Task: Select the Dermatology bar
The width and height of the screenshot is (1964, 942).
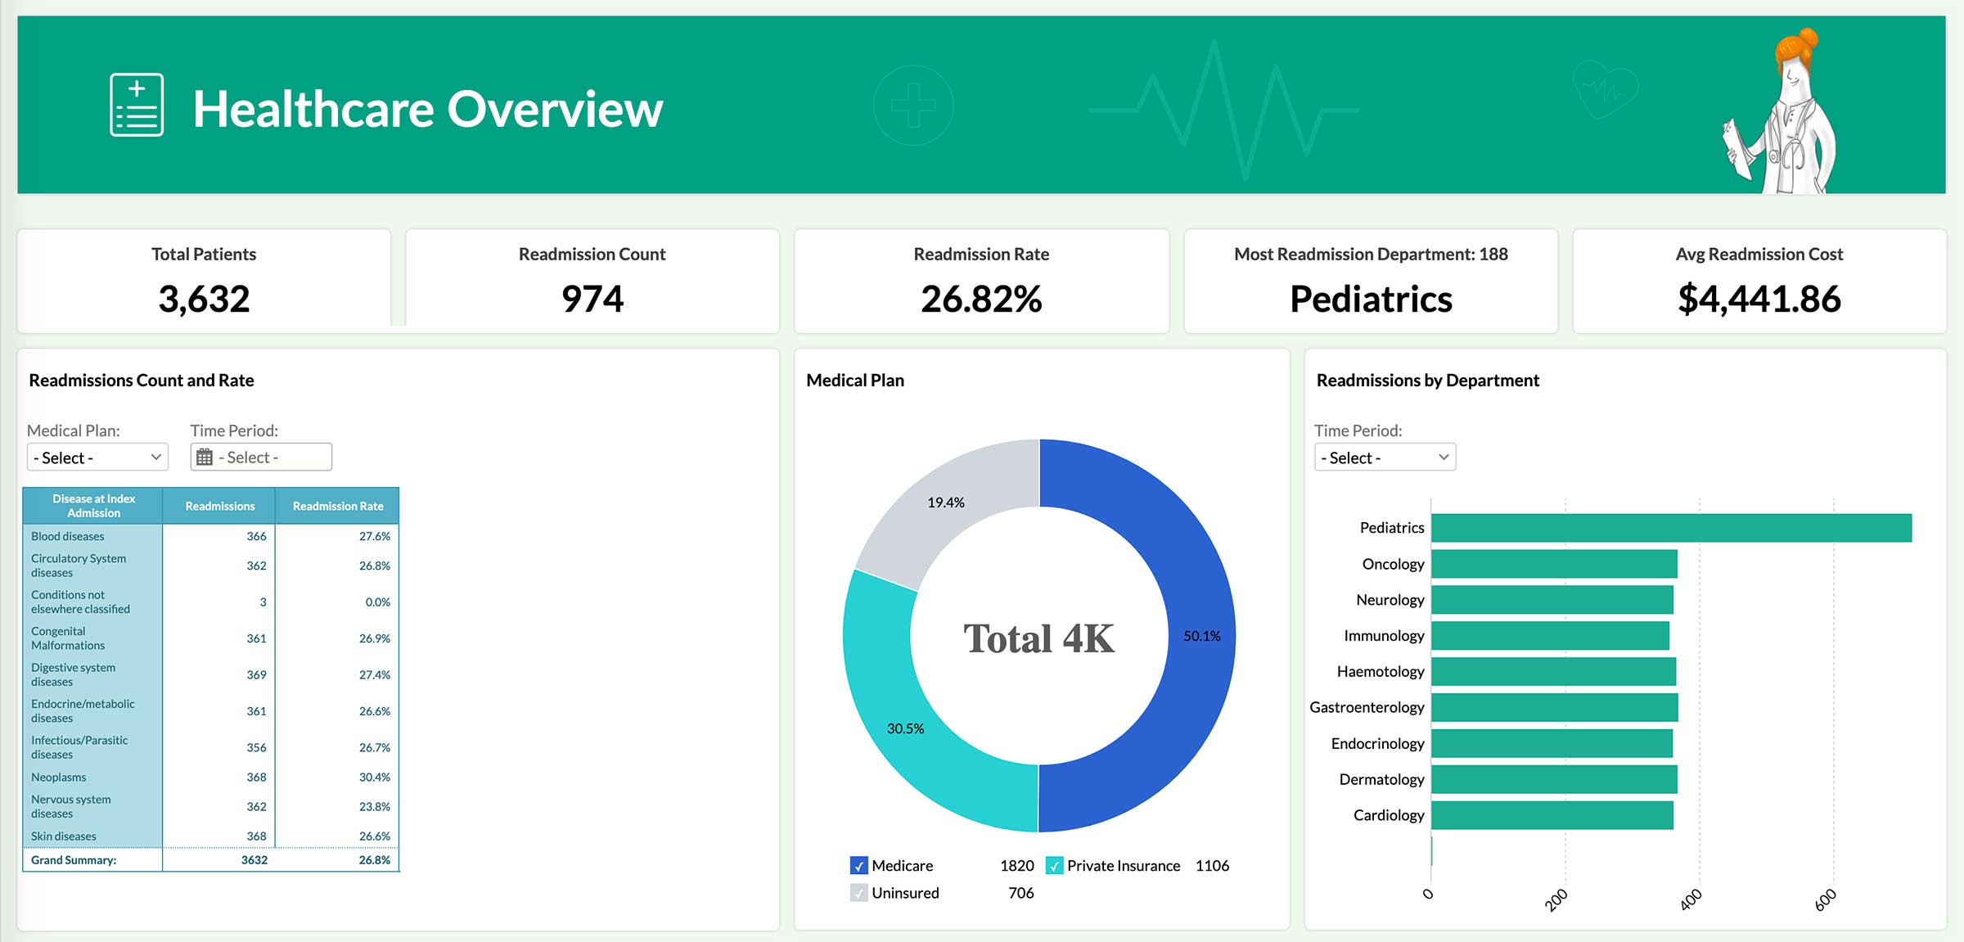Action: [1553, 779]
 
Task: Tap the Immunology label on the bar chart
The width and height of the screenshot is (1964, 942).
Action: [1383, 636]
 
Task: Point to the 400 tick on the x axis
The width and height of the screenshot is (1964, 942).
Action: [1691, 899]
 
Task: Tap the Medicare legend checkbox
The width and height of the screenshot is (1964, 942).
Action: [858, 866]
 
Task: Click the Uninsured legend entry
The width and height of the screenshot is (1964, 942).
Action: [904, 893]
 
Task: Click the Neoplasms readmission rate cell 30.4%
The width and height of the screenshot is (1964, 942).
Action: [374, 777]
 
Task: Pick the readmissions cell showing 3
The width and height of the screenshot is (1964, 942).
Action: [263, 602]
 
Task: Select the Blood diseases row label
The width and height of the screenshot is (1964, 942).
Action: [68, 537]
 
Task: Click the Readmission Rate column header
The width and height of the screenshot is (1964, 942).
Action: [337, 507]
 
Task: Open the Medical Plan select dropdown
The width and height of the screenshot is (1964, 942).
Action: [97, 457]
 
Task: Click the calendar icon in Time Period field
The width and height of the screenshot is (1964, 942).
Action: [205, 457]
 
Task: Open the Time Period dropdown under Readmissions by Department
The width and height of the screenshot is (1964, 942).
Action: [1385, 457]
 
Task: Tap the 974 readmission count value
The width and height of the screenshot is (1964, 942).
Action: [592, 299]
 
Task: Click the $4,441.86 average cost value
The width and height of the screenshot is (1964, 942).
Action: [1759, 299]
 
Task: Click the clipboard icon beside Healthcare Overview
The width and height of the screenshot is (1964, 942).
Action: [137, 105]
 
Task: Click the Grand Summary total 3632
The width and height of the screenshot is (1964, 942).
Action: [254, 860]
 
